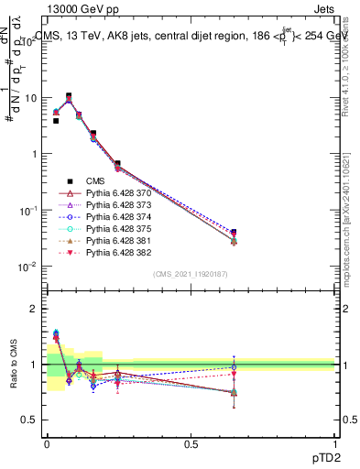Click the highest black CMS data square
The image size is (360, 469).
click(x=69, y=95)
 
